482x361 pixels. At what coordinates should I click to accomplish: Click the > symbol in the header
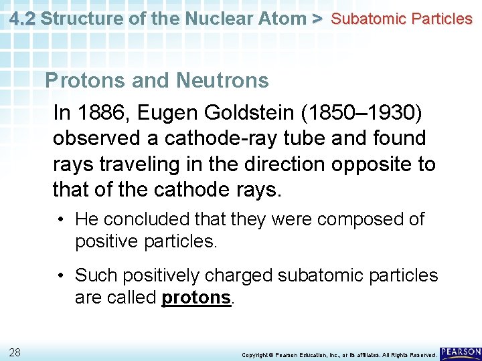317,18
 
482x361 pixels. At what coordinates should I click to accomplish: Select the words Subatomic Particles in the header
402,19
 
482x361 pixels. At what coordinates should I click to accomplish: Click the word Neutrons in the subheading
222,81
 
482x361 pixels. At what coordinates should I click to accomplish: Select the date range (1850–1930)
362,113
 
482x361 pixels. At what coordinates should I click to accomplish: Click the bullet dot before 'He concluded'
61,219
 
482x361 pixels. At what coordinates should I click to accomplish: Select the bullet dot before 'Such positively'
61,275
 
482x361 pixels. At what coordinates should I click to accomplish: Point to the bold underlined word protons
196,297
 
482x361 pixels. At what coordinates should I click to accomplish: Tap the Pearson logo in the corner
461,352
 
